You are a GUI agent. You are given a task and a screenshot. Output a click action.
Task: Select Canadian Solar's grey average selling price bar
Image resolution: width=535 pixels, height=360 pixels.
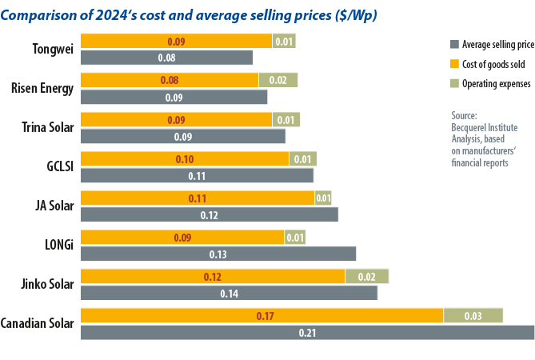click(x=307, y=332)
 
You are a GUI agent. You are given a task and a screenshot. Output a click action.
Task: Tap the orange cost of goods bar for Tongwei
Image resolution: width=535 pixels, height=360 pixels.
click(x=176, y=41)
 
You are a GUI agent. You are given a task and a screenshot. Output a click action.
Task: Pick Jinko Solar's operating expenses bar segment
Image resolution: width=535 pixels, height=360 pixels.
click(x=366, y=276)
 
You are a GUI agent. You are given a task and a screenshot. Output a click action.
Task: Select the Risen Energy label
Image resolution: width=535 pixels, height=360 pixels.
click(x=42, y=88)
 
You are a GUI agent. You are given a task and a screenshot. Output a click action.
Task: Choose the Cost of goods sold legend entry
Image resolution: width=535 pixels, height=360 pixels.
click(x=489, y=64)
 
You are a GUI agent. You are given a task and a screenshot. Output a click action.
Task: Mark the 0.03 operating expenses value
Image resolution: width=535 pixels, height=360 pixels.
click(x=472, y=316)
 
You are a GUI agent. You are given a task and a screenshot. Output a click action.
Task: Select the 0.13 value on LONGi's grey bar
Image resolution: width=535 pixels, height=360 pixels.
click(x=218, y=254)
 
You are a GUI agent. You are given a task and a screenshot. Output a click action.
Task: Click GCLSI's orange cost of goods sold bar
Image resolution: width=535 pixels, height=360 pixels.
click(x=185, y=158)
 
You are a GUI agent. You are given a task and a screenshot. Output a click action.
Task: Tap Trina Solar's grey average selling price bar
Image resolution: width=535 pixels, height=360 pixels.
click(x=183, y=136)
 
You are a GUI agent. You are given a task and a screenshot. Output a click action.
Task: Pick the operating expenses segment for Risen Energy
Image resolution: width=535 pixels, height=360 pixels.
click(x=277, y=80)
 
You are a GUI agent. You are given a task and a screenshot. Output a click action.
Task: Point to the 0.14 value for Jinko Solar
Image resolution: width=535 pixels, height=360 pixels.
click(x=229, y=293)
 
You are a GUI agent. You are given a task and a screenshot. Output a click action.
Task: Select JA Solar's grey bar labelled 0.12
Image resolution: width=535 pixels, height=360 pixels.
click(x=210, y=214)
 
